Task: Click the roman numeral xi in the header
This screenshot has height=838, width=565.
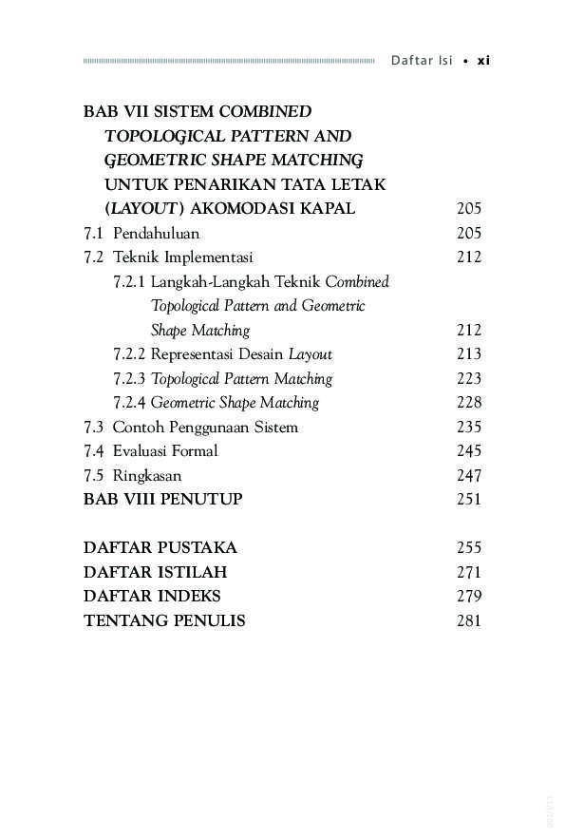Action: (482, 61)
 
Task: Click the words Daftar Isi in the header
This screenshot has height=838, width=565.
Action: (422, 61)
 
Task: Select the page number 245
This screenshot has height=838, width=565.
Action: (469, 451)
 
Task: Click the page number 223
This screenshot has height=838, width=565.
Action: (469, 379)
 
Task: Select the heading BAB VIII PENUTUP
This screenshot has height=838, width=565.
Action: (162, 500)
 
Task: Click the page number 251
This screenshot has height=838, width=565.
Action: (469, 500)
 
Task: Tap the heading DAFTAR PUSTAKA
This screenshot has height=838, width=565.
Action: (160, 548)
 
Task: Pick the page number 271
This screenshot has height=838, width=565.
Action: (469, 573)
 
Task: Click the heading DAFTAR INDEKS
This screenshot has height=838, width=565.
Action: (152, 597)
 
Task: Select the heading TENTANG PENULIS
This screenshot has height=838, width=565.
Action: (164, 621)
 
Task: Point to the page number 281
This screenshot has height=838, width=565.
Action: (469, 621)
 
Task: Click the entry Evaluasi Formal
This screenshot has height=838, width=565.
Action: (165, 451)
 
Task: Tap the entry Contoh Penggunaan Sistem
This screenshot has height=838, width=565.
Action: (205, 428)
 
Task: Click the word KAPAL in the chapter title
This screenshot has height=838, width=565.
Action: (328, 209)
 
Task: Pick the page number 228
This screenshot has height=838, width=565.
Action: (469, 403)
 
